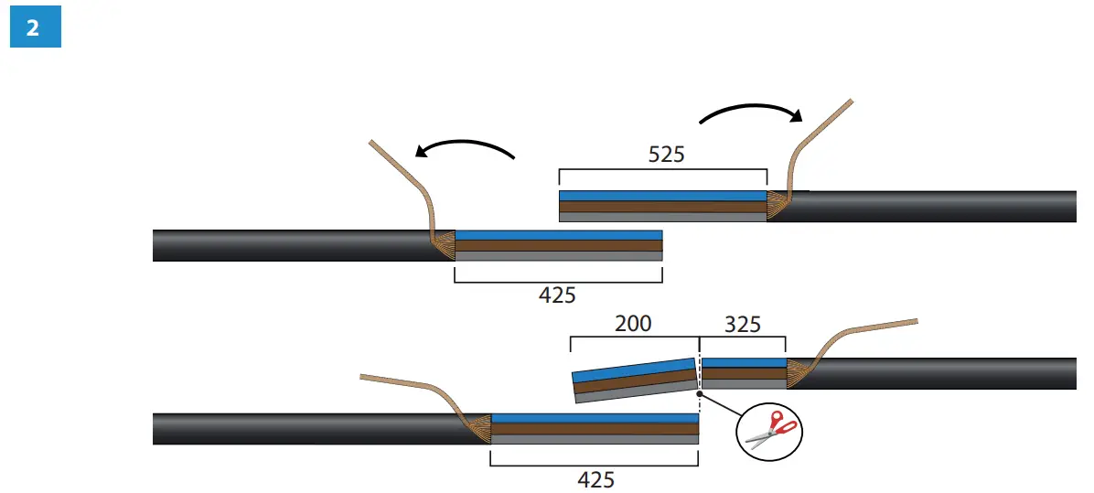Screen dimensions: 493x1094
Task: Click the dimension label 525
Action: pyautogui.click(x=666, y=155)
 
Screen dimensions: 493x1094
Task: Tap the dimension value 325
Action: pyautogui.click(x=742, y=324)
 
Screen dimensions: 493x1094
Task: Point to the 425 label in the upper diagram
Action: pyautogui.click(x=558, y=295)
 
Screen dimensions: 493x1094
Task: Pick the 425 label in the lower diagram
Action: pyautogui.click(x=595, y=479)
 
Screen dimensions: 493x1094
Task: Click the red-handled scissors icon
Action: pyautogui.click(x=770, y=428)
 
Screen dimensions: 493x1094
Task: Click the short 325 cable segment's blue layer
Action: pyautogui.click(x=743, y=363)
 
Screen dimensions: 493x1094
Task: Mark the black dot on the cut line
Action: pyautogui.click(x=699, y=394)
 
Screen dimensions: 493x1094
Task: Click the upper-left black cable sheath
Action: pyautogui.click(x=293, y=245)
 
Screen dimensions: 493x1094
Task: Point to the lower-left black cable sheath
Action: pyautogui.click(x=311, y=428)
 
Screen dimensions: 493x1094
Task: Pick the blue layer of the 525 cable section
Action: pyautogui.click(x=662, y=196)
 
